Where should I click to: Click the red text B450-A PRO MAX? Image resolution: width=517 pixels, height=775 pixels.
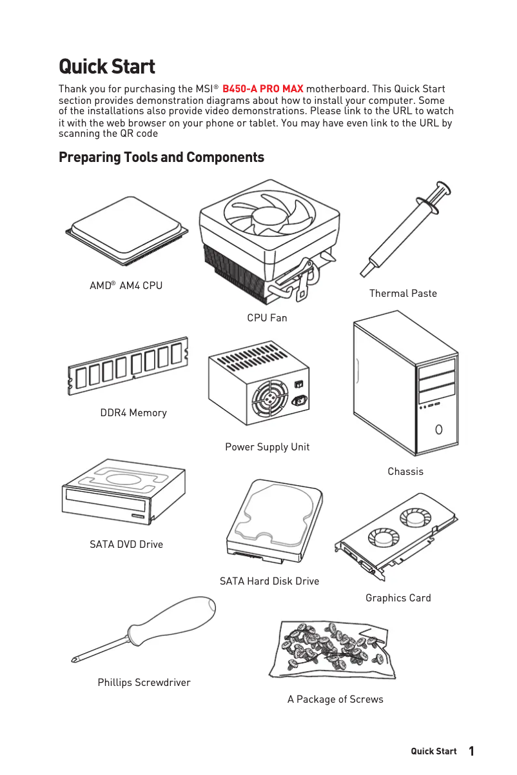point(262,88)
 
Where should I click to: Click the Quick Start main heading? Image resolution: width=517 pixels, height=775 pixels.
point(107,66)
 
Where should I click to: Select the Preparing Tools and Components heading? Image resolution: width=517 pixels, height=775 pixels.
point(161,157)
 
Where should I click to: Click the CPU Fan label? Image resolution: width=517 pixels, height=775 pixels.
point(267,317)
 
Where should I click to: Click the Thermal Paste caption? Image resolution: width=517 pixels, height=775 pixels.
point(403,294)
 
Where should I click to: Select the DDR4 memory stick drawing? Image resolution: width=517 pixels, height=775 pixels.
point(128,365)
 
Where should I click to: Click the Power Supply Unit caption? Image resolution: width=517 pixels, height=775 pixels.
point(267,447)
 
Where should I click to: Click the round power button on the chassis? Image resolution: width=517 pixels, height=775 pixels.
point(438,429)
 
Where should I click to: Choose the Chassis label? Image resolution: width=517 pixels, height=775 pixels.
point(405,472)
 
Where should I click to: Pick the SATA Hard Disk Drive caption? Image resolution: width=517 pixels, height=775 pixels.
point(269,581)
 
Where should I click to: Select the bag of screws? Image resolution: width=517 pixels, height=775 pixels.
point(333,648)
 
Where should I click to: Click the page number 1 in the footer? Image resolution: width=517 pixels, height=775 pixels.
point(471,751)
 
